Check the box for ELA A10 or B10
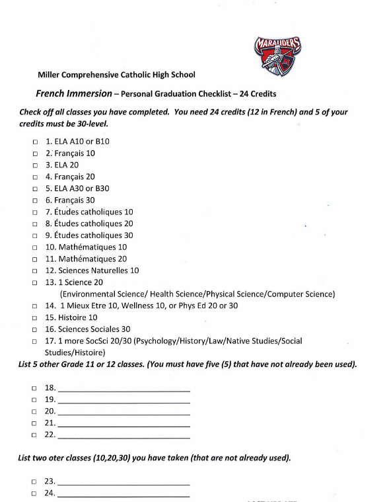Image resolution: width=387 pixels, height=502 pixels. click(35, 142)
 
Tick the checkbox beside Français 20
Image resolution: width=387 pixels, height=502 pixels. click(35, 177)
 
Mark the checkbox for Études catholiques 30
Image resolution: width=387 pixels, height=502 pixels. click(35, 236)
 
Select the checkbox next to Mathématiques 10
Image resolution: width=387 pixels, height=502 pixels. click(35, 248)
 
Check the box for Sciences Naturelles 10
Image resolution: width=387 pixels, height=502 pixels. click(35, 271)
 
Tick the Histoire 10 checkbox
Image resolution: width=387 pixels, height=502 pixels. click(35, 318)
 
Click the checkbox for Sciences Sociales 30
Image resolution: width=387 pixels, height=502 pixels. click(35, 329)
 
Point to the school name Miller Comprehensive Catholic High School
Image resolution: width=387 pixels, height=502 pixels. click(116, 75)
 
